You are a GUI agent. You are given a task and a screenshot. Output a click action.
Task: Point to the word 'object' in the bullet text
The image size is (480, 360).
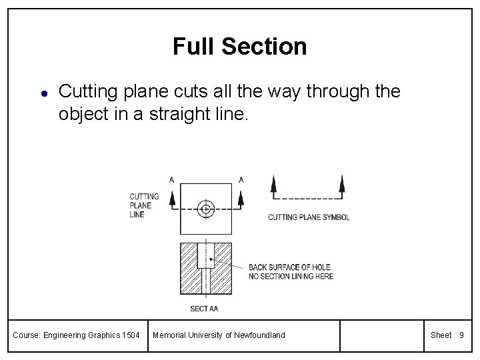tap(80, 113)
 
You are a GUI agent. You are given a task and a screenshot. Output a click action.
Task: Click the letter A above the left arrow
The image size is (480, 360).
tap(172, 179)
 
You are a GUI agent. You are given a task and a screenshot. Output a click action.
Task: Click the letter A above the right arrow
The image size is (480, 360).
tap(241, 179)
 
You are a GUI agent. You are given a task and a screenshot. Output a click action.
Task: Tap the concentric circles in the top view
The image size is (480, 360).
tap(206, 209)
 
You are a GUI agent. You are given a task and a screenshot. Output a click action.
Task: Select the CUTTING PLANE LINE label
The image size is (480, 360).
tap(144, 205)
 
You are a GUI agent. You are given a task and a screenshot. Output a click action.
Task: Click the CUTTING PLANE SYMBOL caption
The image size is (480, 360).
tap(309, 217)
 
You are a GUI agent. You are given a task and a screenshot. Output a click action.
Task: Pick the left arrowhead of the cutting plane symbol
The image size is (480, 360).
tap(273, 183)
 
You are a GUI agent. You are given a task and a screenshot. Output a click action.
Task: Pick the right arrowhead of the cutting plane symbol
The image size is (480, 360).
tap(342, 183)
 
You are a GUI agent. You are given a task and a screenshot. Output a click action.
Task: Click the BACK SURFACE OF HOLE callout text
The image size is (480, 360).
tap(291, 272)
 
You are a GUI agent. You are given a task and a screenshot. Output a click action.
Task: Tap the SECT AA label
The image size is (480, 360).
tap(204, 309)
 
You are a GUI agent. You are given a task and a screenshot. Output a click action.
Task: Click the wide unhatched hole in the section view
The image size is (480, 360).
tap(206, 255)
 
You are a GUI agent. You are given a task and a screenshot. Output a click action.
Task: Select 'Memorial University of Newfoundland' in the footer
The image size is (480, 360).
tap(219, 335)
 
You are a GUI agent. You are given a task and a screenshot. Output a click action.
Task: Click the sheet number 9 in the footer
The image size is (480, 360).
tap(461, 335)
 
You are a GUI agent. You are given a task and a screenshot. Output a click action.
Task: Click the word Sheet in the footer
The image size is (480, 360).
tap(441, 335)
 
